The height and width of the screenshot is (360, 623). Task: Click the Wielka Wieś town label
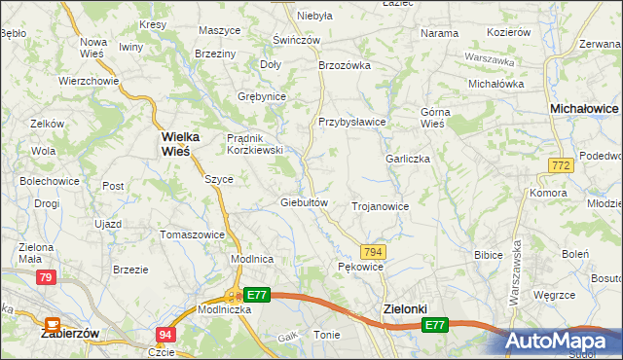(x=175, y=143)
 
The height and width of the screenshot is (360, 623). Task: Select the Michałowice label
(x=584, y=109)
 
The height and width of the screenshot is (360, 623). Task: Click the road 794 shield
(x=374, y=251)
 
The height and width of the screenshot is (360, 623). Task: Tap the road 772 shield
(x=559, y=166)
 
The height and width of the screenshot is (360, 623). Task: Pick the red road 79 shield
(x=46, y=278)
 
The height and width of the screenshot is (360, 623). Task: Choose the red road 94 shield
(x=165, y=335)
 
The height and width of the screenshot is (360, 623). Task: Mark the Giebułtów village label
(x=309, y=202)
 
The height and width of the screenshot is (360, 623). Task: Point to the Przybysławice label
(x=352, y=122)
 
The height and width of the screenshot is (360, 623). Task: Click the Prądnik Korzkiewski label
(x=254, y=144)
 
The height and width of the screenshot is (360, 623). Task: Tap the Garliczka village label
(x=408, y=159)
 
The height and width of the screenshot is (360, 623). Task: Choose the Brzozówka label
(x=346, y=65)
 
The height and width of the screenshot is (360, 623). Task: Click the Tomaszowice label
(x=192, y=234)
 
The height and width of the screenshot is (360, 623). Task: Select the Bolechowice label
(x=49, y=181)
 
